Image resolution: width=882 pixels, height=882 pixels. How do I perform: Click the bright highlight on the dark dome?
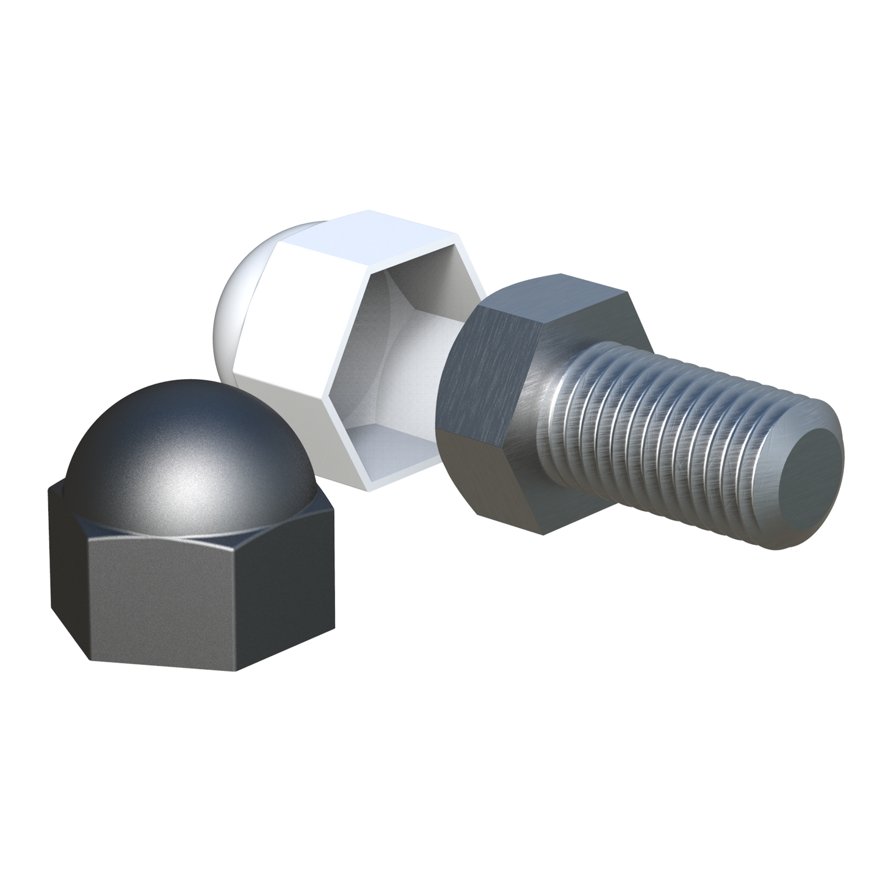point(183,476)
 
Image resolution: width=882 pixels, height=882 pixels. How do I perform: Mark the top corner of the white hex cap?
point(360,211)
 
